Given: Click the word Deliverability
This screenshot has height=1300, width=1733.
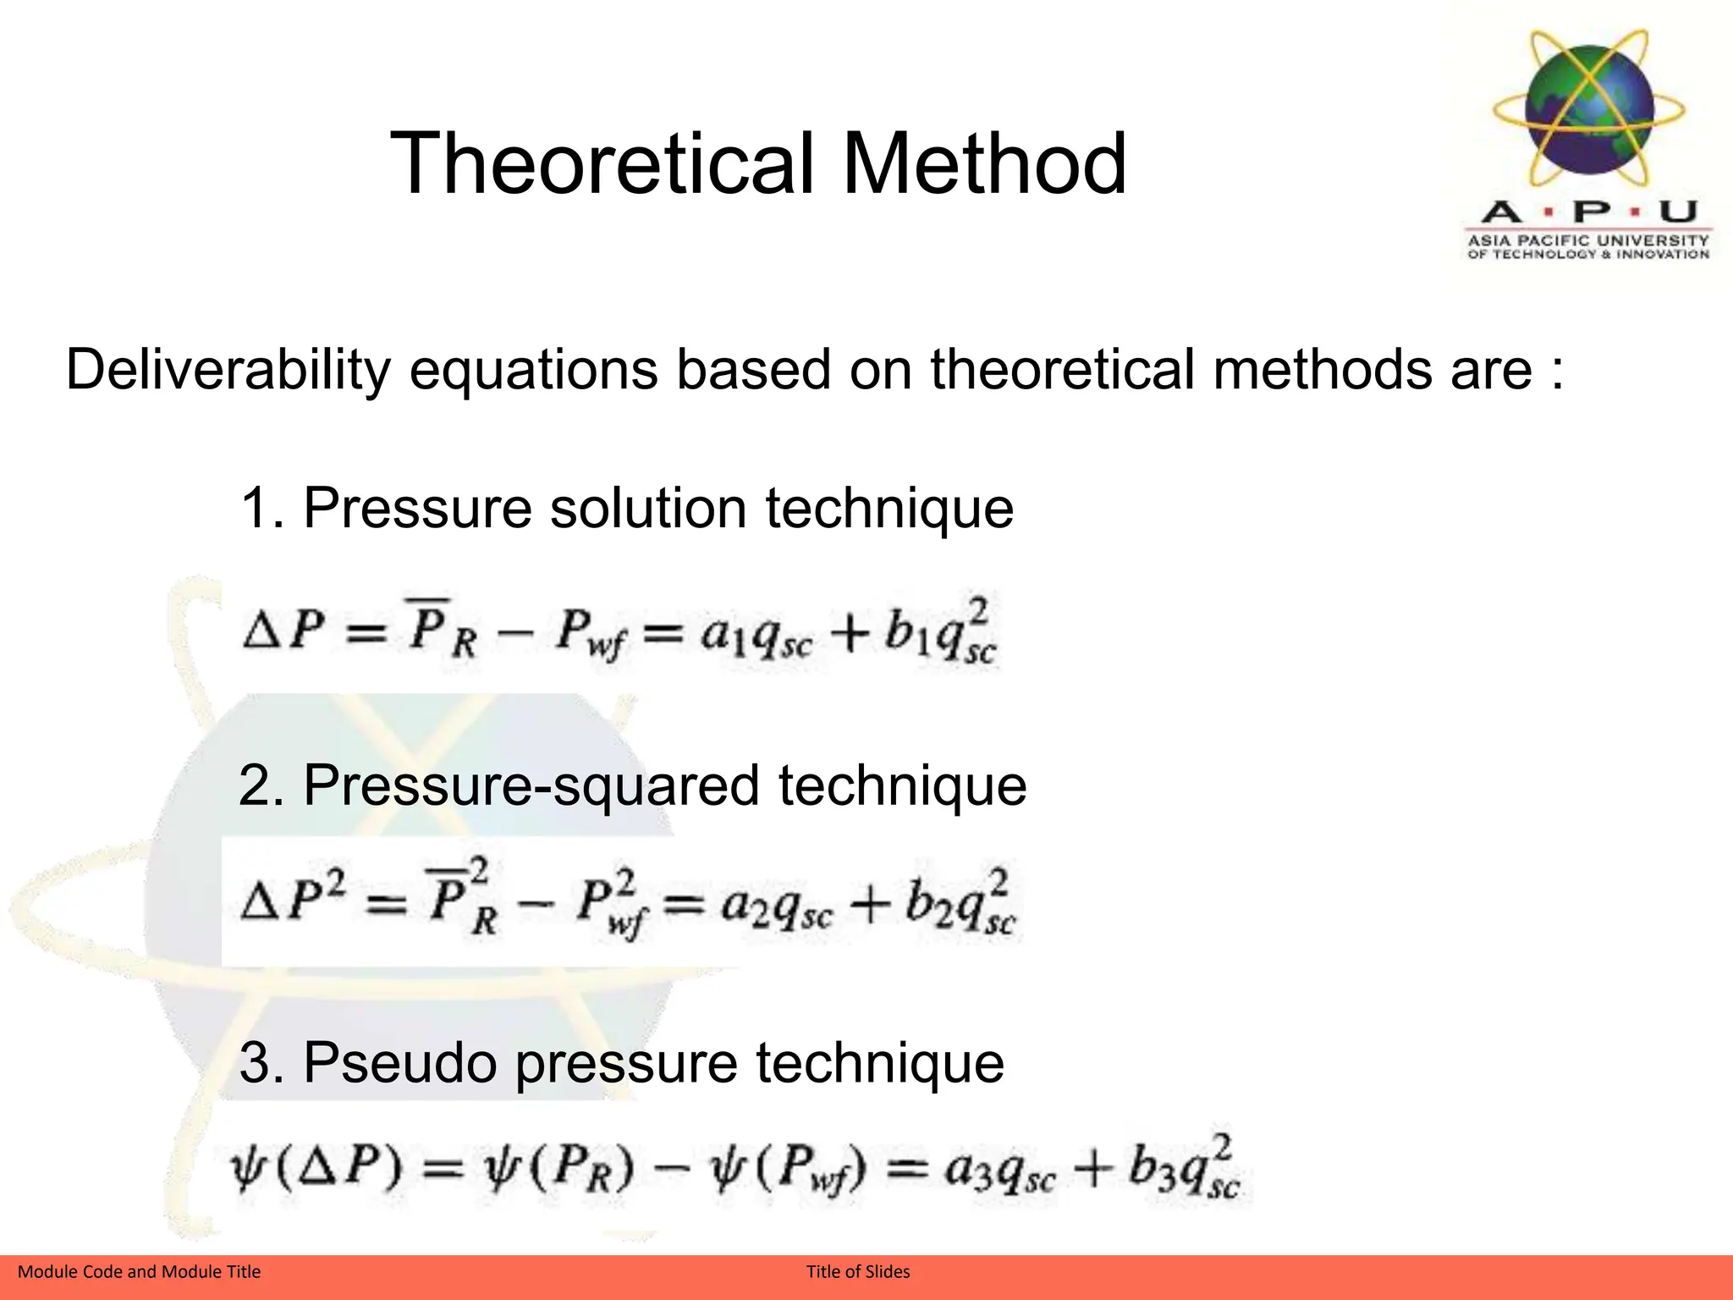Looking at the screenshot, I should tap(228, 371).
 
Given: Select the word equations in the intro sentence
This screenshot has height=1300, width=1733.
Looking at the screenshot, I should tap(534, 371).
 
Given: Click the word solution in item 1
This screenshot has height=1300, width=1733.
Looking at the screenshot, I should tap(648, 508).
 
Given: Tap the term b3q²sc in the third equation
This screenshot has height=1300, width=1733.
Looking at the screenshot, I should tap(1185, 1170).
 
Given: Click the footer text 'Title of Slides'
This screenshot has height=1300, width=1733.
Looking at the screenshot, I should tap(858, 1271).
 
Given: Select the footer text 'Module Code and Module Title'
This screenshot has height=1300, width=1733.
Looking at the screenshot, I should tap(140, 1271).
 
